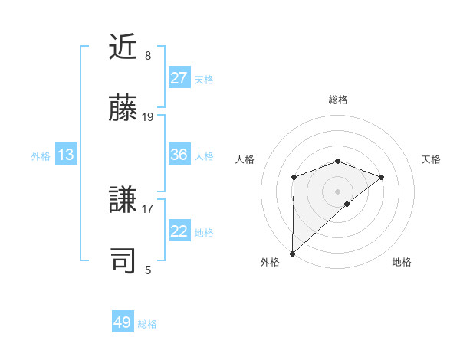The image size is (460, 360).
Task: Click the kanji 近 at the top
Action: [123, 47]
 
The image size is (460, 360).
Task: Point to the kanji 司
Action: [123, 260]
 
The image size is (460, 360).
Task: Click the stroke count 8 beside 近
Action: [147, 56]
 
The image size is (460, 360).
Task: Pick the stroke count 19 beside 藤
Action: [148, 117]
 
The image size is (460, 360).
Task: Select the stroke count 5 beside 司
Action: [147, 270]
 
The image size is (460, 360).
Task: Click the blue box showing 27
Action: [179, 78]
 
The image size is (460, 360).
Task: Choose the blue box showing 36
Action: [179, 155]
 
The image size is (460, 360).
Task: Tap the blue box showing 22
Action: [179, 231]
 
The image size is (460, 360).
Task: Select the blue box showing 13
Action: [66, 155]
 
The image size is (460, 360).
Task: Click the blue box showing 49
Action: [123, 322]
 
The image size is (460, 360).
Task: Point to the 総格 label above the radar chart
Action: [338, 100]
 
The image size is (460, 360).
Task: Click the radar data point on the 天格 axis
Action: [381, 177]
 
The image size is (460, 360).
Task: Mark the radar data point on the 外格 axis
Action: [292, 253]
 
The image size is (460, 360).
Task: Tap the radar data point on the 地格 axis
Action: [347, 203]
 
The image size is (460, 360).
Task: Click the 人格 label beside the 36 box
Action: [204, 155]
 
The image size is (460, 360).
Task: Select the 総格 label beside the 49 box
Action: [147, 323]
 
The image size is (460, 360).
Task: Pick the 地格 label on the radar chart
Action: [402, 262]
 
